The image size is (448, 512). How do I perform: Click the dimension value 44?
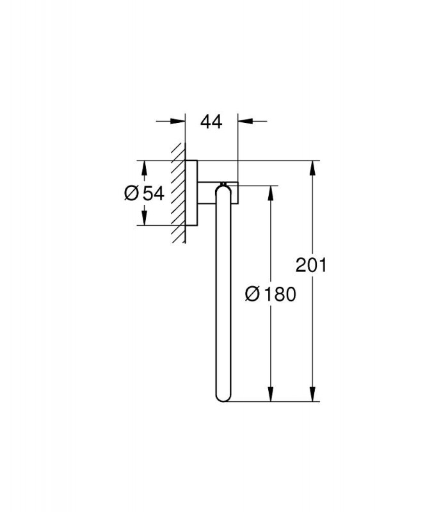pos(211,122)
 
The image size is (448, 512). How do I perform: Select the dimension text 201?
pos(311,265)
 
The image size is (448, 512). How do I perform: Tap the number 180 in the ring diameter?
pos(280,294)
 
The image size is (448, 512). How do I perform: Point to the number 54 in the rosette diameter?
pos(154,193)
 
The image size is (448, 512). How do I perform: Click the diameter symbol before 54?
pos(132,193)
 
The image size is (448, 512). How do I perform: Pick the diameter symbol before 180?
pos(252,294)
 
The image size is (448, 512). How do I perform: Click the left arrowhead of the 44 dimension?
pos(178,122)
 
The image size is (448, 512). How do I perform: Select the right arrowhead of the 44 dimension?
pos(246,122)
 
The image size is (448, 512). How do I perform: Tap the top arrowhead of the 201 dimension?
pos(313,168)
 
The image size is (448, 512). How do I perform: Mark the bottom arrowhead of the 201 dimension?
pos(313,394)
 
